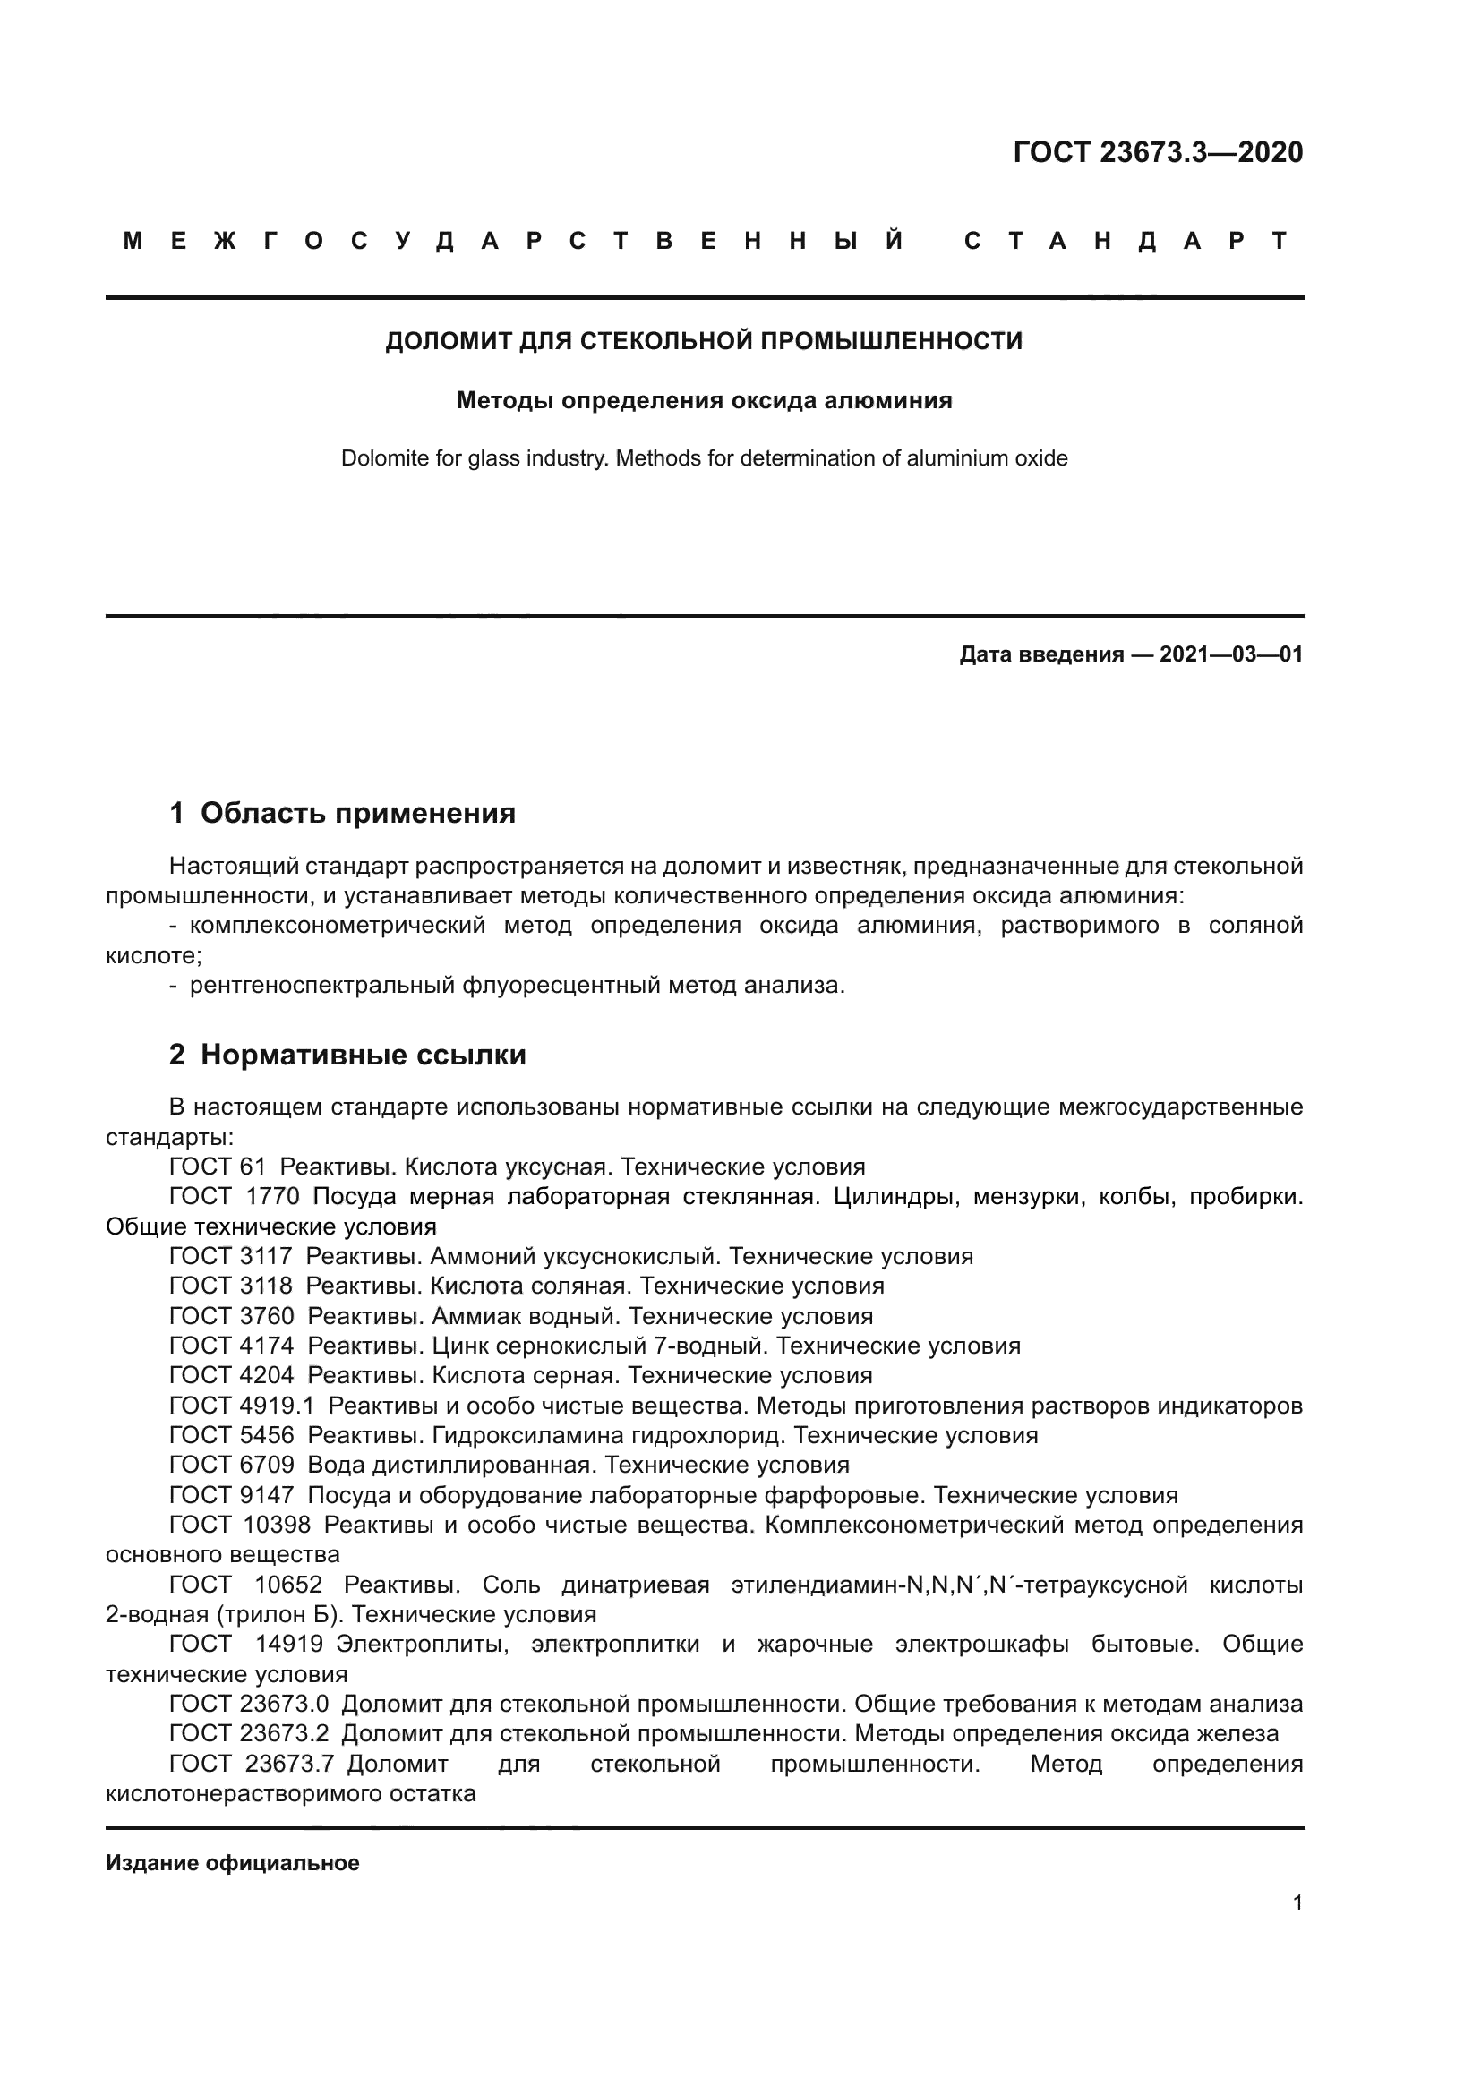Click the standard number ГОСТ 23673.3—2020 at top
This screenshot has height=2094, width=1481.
click(1157, 152)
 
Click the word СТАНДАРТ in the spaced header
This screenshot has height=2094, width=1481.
click(1126, 241)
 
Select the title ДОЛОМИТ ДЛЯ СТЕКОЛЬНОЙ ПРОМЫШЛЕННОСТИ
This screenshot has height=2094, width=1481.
click(704, 341)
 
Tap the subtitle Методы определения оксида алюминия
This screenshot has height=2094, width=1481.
click(704, 400)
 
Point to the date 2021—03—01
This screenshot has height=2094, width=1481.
click(1230, 654)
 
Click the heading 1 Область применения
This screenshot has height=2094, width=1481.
click(342, 813)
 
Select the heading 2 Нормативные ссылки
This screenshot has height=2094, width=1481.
click(347, 1056)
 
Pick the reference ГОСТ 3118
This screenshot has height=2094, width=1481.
click(231, 1286)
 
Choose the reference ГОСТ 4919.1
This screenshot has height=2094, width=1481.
click(242, 1406)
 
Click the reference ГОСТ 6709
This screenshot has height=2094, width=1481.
click(232, 1466)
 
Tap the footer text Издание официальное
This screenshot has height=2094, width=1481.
click(233, 1863)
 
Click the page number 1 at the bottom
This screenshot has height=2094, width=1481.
click(1297, 1903)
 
